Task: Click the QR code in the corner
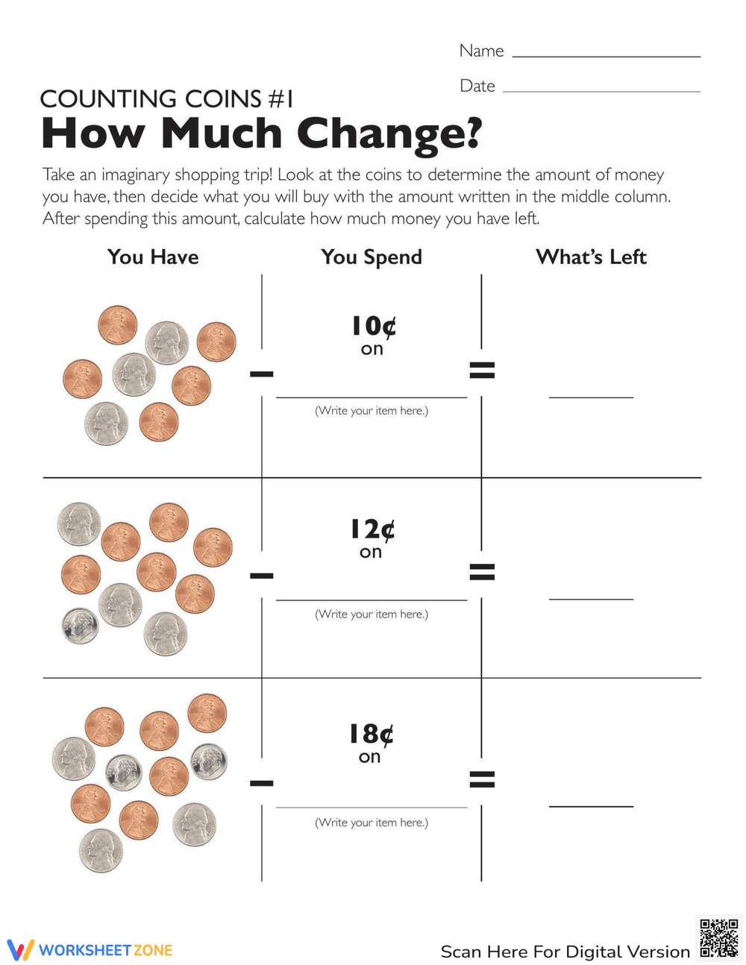[719, 938]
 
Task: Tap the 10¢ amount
[373, 326]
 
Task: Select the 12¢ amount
[372, 529]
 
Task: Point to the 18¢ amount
[371, 734]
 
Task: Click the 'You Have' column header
[153, 257]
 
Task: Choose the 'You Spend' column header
[372, 257]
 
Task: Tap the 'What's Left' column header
[591, 257]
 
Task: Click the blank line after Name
[606, 56]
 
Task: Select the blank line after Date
[601, 91]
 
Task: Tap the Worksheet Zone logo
[90, 949]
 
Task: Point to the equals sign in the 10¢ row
[482, 369]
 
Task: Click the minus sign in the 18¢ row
[262, 782]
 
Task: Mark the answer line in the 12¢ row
[591, 598]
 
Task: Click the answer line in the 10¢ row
[591, 397]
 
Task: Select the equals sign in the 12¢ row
[482, 572]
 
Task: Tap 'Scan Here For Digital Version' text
[565, 952]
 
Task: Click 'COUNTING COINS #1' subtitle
[166, 98]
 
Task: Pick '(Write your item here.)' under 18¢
[372, 822]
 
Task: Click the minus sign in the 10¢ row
[262, 373]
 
